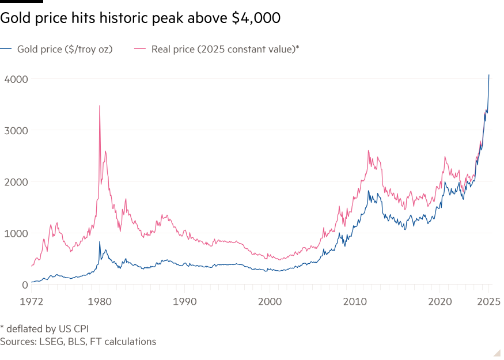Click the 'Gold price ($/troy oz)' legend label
[65, 49]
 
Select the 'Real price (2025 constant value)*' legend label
[225, 49]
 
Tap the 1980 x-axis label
[100, 301]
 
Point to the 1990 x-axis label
[185, 301]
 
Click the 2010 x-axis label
[355, 301]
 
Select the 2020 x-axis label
[441, 301]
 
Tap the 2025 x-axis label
[490, 301]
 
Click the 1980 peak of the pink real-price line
[100, 106]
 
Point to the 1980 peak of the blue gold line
[100, 242]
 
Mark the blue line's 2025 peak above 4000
[489, 75]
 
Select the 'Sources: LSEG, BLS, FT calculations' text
[78, 342]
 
